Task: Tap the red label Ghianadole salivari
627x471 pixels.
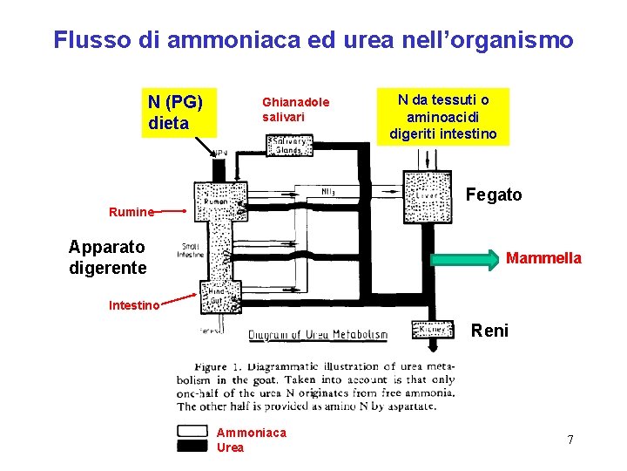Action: [296, 109]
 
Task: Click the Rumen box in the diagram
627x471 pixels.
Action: [214, 202]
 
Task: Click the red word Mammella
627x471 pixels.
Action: [543, 258]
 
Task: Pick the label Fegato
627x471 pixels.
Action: [494, 195]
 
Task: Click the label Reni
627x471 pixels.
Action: [489, 331]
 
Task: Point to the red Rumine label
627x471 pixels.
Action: [131, 211]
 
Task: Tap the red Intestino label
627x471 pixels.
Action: [134, 304]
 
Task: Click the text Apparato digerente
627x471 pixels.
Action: [108, 257]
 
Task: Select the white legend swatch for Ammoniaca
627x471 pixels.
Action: [192, 432]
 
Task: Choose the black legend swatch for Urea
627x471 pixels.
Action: [192, 446]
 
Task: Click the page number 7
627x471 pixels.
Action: [570, 440]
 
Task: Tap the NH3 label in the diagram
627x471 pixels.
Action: [329, 192]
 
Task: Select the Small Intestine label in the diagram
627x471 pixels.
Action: [190, 250]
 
